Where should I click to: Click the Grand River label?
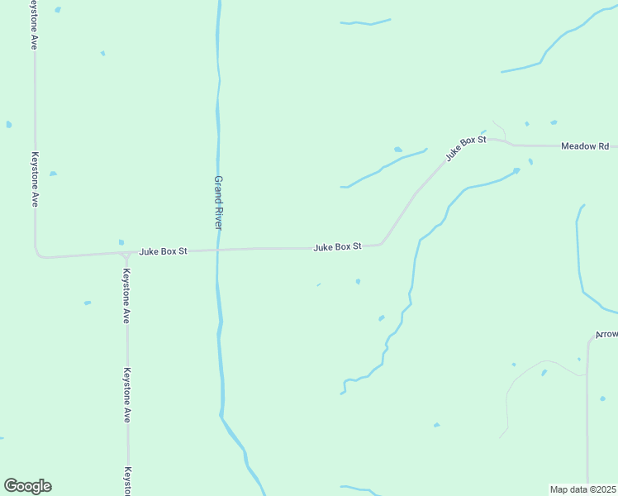click(219, 203)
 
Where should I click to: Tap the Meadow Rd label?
click(584, 146)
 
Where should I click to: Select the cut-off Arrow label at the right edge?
click(606, 335)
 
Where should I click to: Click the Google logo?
click(27, 486)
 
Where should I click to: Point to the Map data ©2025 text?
click(583, 489)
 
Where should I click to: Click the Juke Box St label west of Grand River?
click(164, 250)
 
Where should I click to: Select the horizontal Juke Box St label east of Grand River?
click(338, 246)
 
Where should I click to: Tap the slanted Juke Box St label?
click(465, 148)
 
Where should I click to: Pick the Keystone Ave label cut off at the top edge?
click(34, 25)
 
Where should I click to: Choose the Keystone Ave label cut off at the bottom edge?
click(128, 481)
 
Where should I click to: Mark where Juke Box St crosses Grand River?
click(217, 249)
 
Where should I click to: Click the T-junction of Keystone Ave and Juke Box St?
click(126, 253)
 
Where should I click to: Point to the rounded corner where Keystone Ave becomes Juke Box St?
click(37, 254)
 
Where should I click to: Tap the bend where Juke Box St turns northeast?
click(382, 243)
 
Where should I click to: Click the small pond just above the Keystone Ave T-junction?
click(121, 242)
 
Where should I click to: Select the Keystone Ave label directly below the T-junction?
click(126, 295)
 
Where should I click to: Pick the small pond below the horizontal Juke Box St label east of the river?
click(358, 281)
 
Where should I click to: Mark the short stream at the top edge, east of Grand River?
click(364, 22)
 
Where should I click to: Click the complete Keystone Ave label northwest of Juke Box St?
click(35, 179)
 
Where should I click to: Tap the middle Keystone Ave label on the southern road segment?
click(127, 395)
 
